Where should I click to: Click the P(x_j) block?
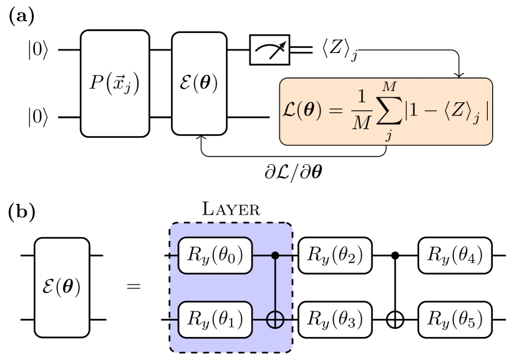pyautogui.click(x=115, y=84)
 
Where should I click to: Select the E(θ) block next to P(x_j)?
pyautogui.click(x=199, y=84)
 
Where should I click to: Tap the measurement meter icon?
pyautogui.click(x=269, y=50)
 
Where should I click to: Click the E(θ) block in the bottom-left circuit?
pyautogui.click(x=62, y=288)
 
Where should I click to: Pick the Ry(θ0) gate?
pyautogui.click(x=215, y=255)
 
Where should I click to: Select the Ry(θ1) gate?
pyautogui.click(x=215, y=319)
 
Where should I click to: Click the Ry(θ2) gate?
pyautogui.click(x=335, y=255)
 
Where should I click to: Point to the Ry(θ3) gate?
pyautogui.click(x=335, y=319)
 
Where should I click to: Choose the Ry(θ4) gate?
pyautogui.click(x=455, y=255)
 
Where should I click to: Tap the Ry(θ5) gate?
pyautogui.click(x=455, y=319)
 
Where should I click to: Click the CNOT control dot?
pyautogui.click(x=275, y=255)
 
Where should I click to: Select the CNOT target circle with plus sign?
pyautogui.click(x=275, y=319)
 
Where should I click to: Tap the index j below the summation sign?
pyautogui.click(x=389, y=135)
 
